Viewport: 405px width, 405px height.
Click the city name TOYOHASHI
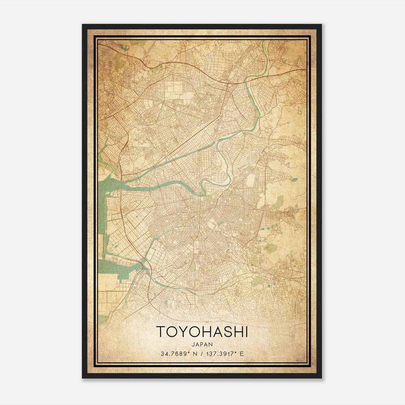pyautogui.click(x=202, y=332)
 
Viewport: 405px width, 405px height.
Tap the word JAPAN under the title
pyautogui.click(x=202, y=344)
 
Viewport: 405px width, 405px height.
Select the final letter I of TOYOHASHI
pyautogui.click(x=246, y=332)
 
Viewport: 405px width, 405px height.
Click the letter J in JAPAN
pyautogui.click(x=193, y=344)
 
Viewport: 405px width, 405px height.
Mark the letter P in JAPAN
pyautogui.click(x=202, y=344)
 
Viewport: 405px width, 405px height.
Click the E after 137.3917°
pyautogui.click(x=242, y=354)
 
